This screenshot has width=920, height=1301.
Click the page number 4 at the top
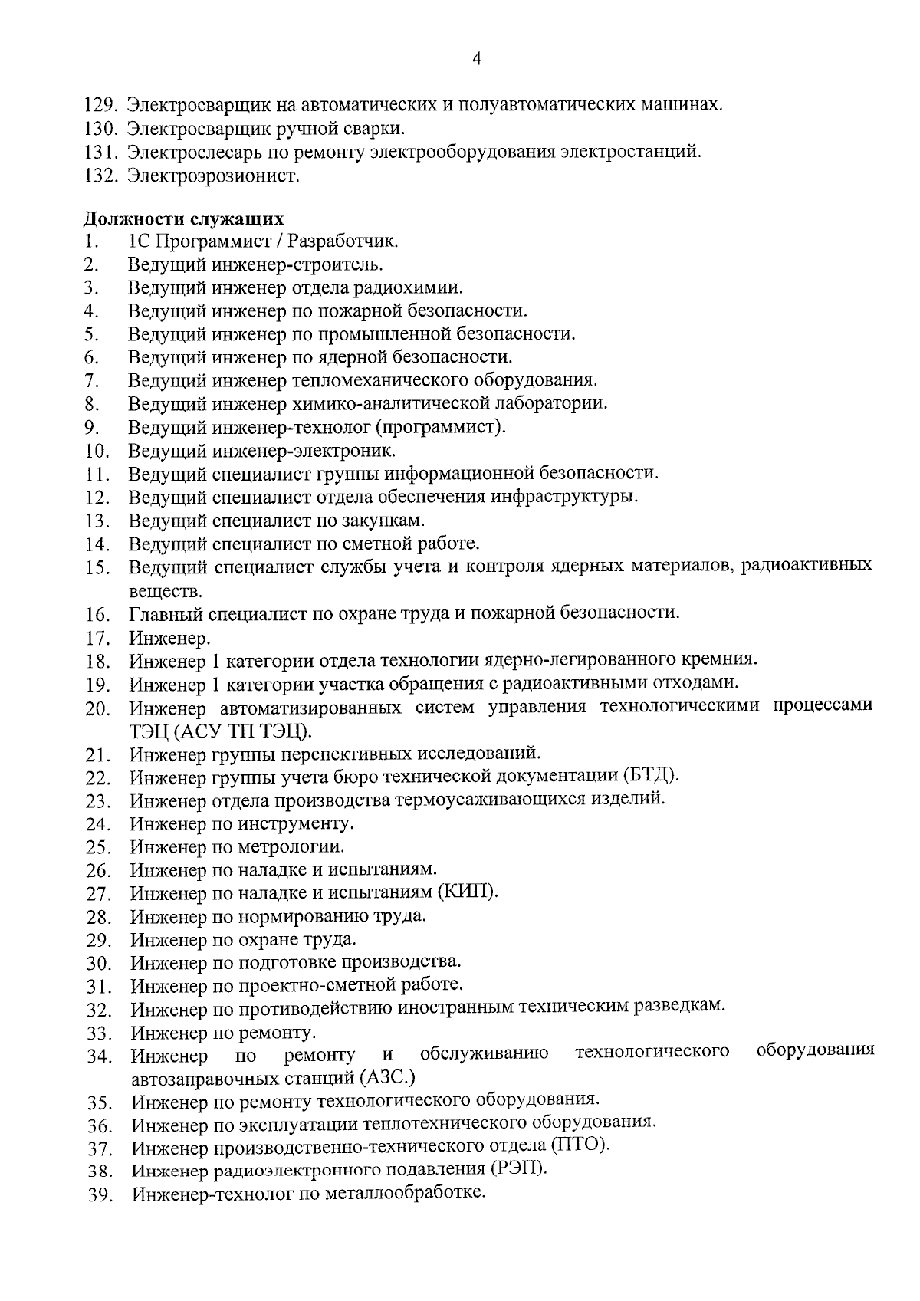pos(477,60)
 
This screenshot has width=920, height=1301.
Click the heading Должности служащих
pos(183,218)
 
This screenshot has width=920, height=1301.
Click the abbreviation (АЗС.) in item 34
pos(386,1078)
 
